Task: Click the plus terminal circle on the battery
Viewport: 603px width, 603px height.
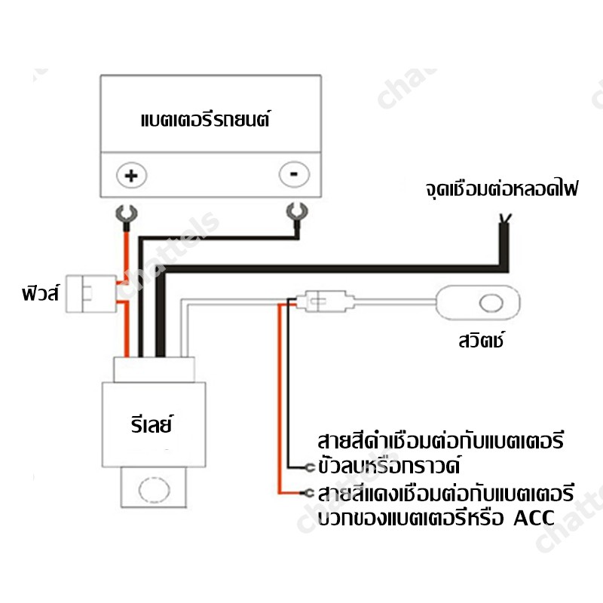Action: point(131,176)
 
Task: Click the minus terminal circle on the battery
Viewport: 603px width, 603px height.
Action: point(294,174)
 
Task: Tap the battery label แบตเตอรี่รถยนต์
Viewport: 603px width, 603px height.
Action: point(206,118)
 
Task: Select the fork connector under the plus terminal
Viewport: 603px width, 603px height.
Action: point(127,216)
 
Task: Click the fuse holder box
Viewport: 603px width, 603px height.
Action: point(91,293)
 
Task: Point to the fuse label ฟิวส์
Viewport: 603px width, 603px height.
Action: point(41,293)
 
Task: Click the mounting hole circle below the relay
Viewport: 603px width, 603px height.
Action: point(155,489)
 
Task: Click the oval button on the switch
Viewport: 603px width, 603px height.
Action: point(491,303)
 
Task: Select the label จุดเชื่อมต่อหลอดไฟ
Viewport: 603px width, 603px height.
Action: point(502,188)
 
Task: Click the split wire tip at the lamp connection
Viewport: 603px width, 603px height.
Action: point(505,219)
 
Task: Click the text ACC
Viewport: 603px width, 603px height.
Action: point(534,518)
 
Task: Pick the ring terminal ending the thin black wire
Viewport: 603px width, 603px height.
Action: point(310,467)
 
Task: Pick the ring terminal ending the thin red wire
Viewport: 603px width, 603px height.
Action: point(309,493)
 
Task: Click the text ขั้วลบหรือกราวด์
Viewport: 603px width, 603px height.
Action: point(389,465)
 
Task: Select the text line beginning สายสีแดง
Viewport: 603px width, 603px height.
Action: point(446,493)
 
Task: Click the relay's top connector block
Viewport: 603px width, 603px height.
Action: point(155,369)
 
